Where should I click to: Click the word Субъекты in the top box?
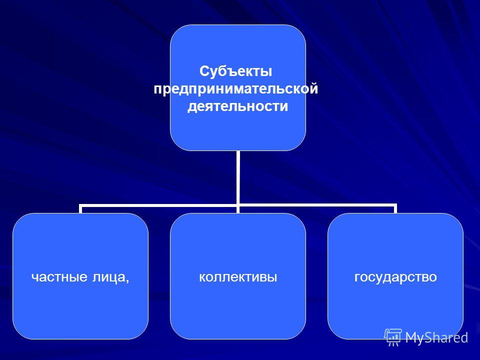[x=235, y=71]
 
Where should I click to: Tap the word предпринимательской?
[x=235, y=89]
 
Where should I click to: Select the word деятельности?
[x=238, y=106]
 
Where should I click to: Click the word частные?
[x=59, y=277]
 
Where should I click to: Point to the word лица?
[x=107, y=277]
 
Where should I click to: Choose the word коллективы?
[x=238, y=277]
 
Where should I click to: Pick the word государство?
[x=395, y=277]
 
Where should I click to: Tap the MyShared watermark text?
[x=436, y=337]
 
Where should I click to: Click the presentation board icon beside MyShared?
[x=393, y=337]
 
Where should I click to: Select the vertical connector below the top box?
[x=238, y=177]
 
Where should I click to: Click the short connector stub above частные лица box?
[x=80, y=209]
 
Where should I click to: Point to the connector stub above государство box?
[x=395, y=209]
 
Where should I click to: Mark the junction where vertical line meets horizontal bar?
[x=238, y=205]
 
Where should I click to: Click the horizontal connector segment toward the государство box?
[x=317, y=205]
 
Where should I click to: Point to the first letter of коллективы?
[x=202, y=277]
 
